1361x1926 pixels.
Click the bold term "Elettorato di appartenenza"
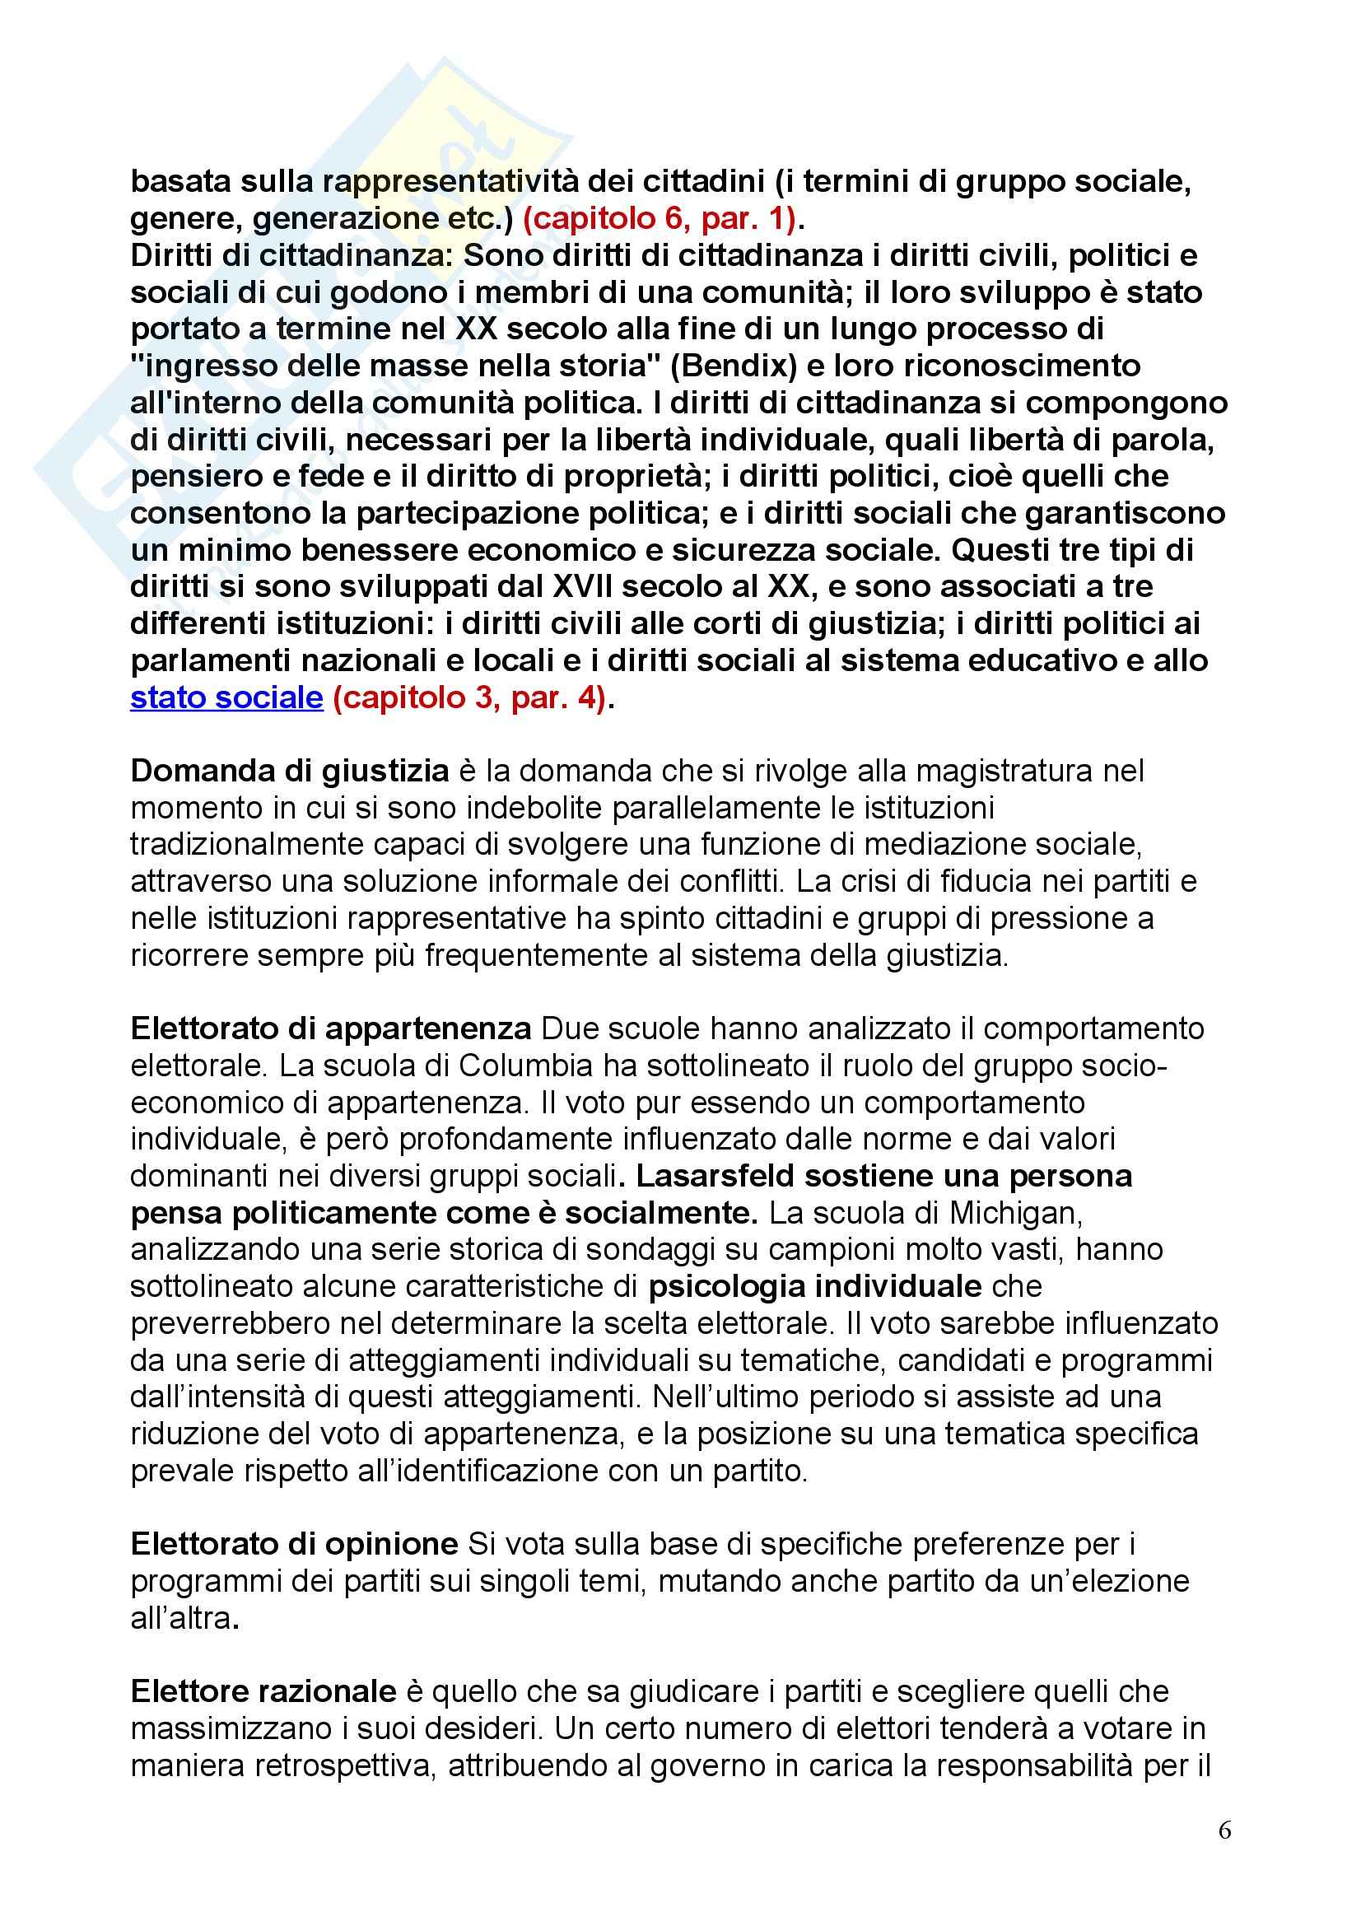click(x=331, y=1028)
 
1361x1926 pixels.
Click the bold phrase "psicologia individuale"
click(x=815, y=1286)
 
